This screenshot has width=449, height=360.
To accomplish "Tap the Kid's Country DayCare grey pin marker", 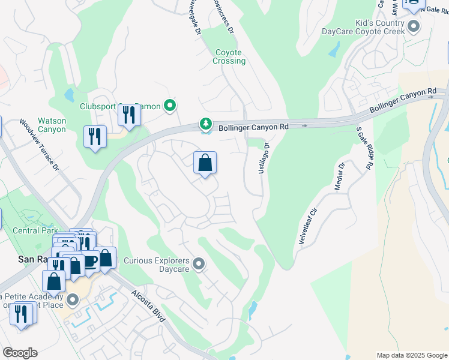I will pos(413,26).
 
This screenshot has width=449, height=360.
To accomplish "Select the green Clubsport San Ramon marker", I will pos(170,106).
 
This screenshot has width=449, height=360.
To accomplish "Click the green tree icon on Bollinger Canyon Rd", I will pos(206,124).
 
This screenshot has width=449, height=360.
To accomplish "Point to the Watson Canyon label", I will pos(52,125).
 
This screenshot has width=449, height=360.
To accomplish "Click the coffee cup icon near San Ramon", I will pos(89,262).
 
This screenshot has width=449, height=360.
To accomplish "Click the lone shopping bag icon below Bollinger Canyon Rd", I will pos(205,162).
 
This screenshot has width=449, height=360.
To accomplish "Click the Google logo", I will pos(19,353).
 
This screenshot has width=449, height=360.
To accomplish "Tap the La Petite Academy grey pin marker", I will pos(72,299).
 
